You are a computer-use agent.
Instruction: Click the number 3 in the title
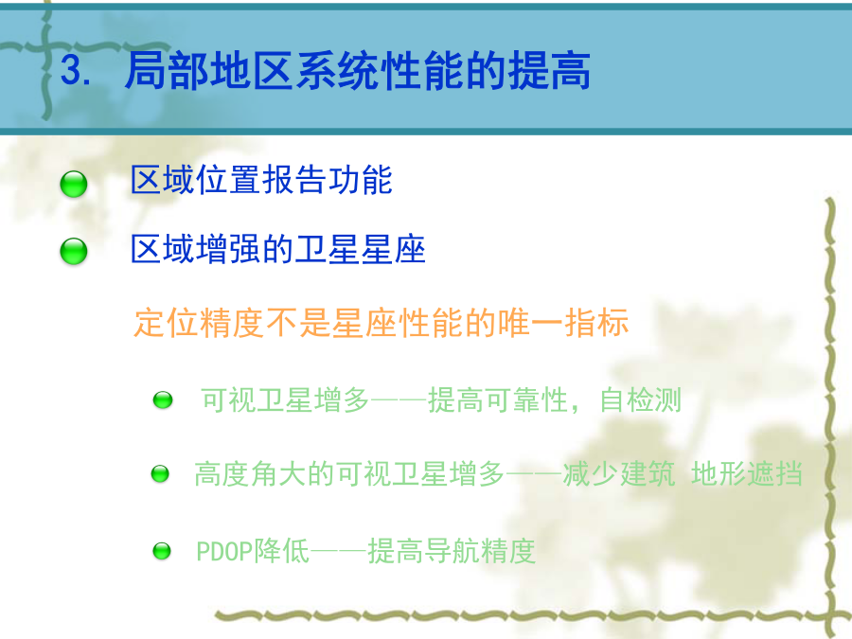(71, 70)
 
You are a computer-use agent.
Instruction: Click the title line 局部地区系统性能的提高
(358, 70)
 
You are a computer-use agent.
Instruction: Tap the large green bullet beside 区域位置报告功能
(73, 184)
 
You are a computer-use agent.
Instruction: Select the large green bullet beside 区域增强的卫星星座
(73, 251)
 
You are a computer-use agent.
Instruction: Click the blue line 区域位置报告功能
(261, 180)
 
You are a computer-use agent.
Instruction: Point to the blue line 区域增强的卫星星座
(278, 249)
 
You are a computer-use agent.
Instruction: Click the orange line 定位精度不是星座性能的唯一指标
(382, 323)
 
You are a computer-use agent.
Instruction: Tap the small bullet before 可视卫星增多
(163, 399)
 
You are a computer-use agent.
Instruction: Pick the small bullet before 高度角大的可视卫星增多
(160, 474)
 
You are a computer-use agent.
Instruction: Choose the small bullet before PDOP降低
(161, 551)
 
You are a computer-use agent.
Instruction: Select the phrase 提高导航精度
(452, 551)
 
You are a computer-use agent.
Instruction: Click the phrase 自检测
(640, 400)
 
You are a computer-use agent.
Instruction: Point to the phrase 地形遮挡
(747, 473)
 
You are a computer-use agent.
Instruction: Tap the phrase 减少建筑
(619, 473)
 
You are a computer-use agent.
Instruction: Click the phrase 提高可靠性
(498, 400)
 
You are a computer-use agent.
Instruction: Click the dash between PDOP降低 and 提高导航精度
(339, 552)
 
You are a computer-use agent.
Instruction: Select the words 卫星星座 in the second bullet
(360, 249)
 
